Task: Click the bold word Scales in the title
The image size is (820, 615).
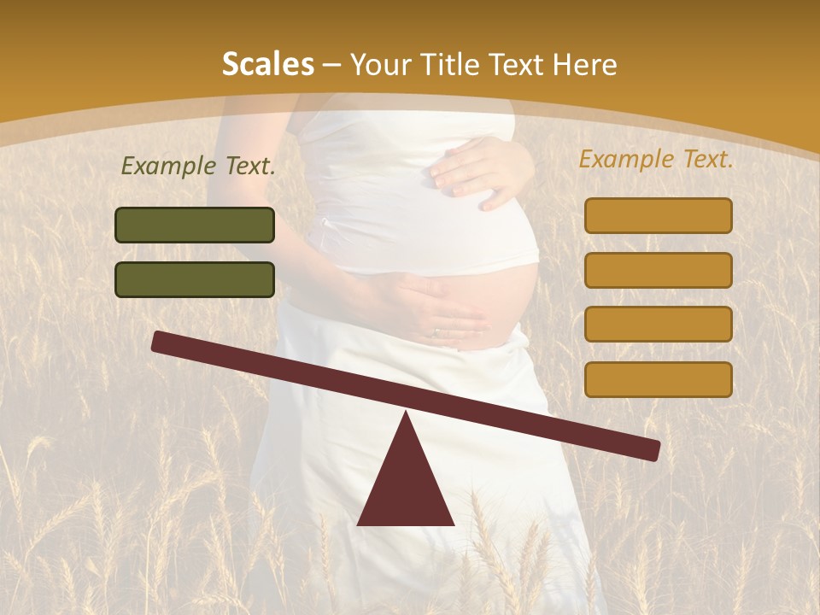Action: tap(267, 64)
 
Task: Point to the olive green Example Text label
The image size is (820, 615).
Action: tap(198, 167)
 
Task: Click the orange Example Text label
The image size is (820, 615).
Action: tap(656, 159)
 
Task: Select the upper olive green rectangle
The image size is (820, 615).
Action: tap(195, 225)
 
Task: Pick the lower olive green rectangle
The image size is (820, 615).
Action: tap(195, 279)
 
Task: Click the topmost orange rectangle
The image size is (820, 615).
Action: tap(658, 215)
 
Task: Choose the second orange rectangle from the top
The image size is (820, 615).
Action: tap(658, 270)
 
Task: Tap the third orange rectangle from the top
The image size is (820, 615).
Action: tap(658, 325)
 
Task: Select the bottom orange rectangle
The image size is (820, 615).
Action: tap(658, 379)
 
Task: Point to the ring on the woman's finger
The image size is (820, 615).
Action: tap(437, 331)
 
